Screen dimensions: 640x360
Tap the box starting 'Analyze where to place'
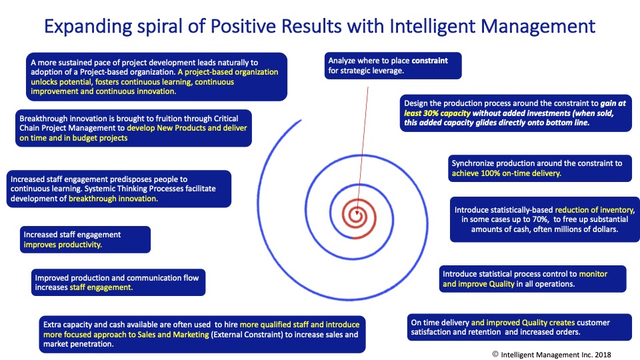tap(393, 66)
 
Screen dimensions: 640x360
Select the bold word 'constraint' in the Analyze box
tap(429, 61)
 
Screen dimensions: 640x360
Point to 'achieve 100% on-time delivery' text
tap(506, 173)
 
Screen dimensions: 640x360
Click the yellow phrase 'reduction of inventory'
tap(595, 210)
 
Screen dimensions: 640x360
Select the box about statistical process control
tap(533, 279)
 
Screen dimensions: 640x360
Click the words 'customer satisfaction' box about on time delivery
tap(519, 327)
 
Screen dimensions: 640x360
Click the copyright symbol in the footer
tap(495, 354)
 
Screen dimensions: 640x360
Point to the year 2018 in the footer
tap(603, 355)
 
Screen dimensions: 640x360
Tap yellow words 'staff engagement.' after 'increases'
tap(101, 287)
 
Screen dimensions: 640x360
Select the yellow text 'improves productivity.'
tap(63, 245)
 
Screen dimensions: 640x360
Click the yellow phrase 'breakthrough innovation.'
tap(113, 199)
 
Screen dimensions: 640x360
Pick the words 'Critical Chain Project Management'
tap(129, 123)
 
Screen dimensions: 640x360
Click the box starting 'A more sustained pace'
tap(157, 77)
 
